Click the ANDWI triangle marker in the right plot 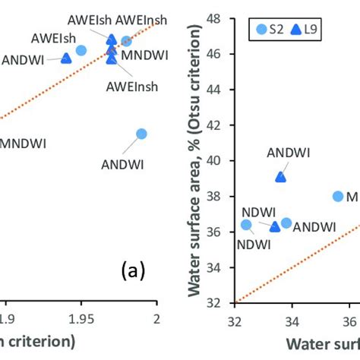(x=280, y=177)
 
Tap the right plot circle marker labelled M (x=338, y=196)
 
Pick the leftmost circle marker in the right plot (x=246, y=225)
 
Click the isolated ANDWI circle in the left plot (x=141, y=134)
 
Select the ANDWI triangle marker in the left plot (x=66, y=58)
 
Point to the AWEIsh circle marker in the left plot (x=81, y=50)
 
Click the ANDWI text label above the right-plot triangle (x=289, y=151)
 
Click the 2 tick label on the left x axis (x=156, y=319)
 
